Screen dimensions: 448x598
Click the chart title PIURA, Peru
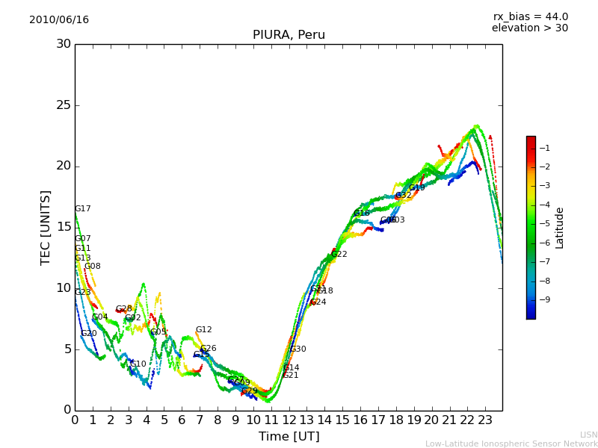coord(289,35)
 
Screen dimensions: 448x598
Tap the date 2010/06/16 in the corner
coord(59,20)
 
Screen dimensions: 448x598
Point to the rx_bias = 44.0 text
coord(530,17)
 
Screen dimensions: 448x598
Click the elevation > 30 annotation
coord(530,28)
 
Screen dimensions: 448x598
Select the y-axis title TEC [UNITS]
coord(46,227)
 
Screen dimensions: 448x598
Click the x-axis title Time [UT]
coord(289,437)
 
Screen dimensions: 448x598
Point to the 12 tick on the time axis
coord(289,420)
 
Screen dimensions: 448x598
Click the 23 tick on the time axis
coord(484,420)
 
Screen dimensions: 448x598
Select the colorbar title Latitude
coord(560,228)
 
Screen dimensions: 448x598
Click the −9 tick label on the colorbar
coord(545,300)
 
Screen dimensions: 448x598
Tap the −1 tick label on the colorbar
coord(545,148)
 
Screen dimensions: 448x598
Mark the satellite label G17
coord(83,209)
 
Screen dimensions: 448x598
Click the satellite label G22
coord(339,255)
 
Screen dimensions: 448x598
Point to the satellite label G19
coord(417,188)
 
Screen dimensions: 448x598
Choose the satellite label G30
coord(298,349)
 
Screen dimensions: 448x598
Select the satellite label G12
coord(204,330)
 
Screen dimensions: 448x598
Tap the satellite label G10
coord(138,364)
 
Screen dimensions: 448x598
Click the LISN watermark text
coord(588,435)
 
